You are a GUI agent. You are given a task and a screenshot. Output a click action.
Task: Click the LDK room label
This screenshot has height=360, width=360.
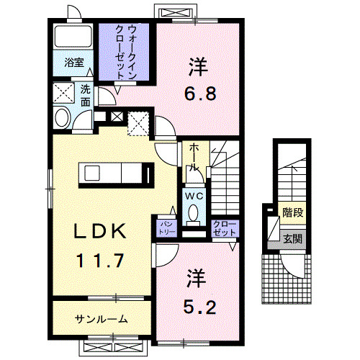(102, 233)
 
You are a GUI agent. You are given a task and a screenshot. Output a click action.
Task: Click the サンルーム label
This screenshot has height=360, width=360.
(102, 319)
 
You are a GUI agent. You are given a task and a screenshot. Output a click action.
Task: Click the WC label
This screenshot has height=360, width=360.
(192, 195)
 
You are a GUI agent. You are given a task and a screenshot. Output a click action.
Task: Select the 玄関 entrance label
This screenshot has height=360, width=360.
(292, 239)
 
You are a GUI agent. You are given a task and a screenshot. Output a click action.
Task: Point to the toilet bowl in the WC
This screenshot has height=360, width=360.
(193, 212)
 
